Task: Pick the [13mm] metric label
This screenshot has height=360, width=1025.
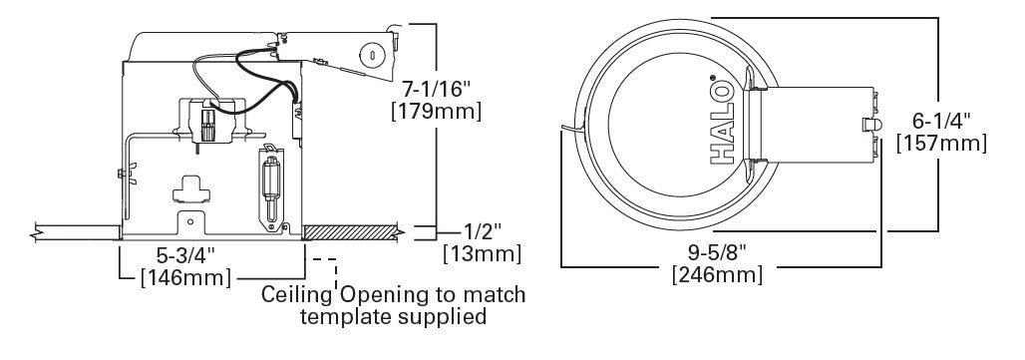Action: [x=481, y=254]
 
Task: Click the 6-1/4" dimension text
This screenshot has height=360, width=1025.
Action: [x=942, y=121]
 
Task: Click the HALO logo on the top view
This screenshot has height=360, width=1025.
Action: [x=724, y=122]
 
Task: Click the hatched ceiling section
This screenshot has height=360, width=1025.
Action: [x=351, y=232]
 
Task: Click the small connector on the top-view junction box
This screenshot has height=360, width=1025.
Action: [x=869, y=125]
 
